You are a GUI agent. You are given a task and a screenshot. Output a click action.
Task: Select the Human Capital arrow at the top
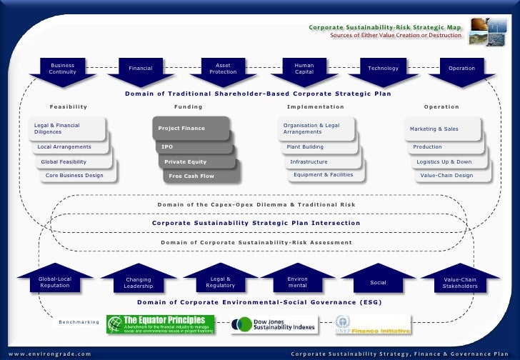pyautogui.click(x=304, y=70)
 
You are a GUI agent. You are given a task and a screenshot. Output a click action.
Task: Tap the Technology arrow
pyautogui.click(x=383, y=69)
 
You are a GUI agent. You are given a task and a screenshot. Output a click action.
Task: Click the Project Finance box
pyautogui.click(x=190, y=129)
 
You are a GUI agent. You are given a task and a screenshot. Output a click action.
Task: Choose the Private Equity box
pyautogui.click(x=196, y=161)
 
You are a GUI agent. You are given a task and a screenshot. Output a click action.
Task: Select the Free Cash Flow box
pyautogui.click(x=201, y=176)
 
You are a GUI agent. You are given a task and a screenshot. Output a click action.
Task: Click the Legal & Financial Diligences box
pyautogui.click(x=68, y=129)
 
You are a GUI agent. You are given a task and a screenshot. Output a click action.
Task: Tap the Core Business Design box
pyautogui.click(x=74, y=175)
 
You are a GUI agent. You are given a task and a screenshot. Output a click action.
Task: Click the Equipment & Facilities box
pyautogui.click(x=323, y=175)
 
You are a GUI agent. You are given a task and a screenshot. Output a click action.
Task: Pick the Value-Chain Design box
pyautogui.click(x=446, y=175)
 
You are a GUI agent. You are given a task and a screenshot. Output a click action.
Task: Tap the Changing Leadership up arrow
pyautogui.click(x=138, y=283)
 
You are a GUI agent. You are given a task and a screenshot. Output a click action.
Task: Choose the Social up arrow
pyautogui.click(x=378, y=283)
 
